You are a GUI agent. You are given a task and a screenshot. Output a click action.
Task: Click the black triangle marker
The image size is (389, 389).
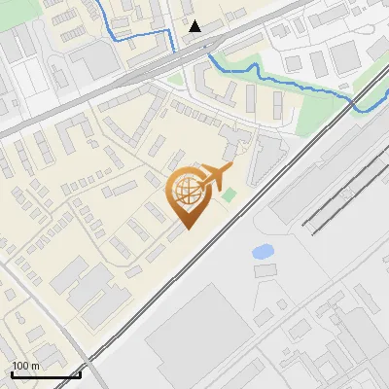pos(195,26)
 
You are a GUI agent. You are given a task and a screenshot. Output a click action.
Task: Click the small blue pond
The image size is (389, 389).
pos(262,252)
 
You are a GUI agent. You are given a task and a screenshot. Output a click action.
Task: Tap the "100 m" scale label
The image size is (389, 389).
pos(26,366)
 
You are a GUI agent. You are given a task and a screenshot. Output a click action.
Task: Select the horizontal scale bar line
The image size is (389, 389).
pos(46,374)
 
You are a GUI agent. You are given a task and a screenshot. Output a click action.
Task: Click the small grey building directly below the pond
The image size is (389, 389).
pos(265,270)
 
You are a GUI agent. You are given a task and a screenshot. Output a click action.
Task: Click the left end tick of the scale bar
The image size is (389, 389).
pos(12,372)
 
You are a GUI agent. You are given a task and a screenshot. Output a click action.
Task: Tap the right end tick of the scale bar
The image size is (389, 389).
pos(80,372)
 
